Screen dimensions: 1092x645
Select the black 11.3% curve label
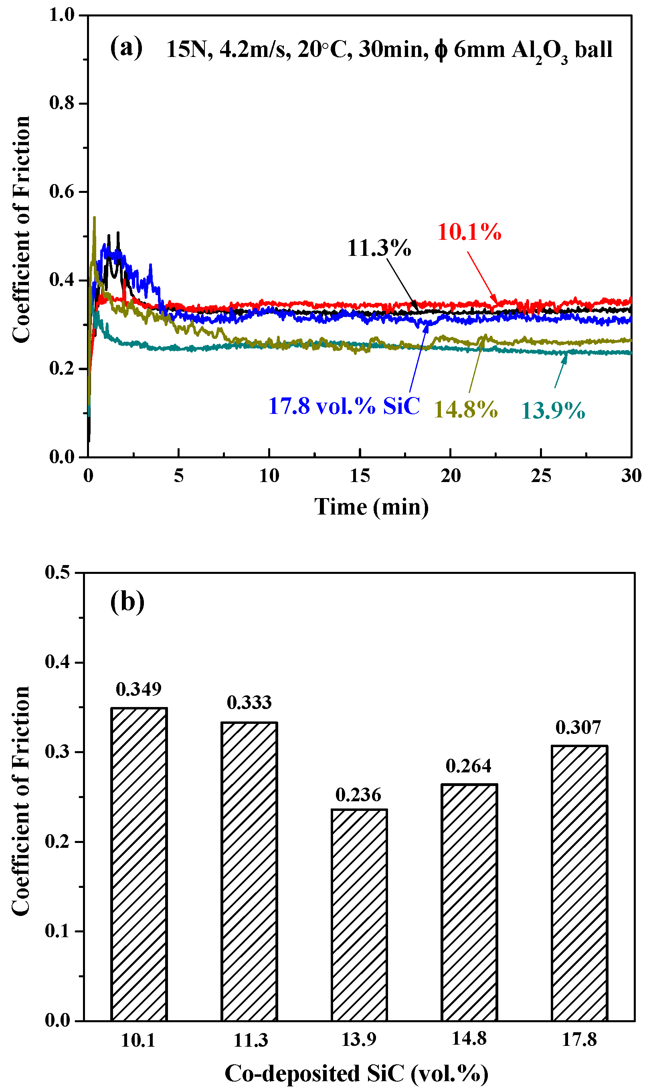point(378,248)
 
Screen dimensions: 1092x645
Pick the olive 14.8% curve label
point(465,409)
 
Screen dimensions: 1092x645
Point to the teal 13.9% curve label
point(553,410)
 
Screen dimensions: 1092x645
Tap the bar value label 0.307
point(578,727)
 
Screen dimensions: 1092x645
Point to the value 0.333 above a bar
point(249,703)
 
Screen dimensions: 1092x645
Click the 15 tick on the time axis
point(360,476)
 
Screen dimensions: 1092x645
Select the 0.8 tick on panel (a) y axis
point(62,103)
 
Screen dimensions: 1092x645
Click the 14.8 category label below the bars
point(469,1039)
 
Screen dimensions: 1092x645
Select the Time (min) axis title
point(371,507)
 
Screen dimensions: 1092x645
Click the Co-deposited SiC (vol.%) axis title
point(356,1074)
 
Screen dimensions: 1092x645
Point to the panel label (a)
point(126,47)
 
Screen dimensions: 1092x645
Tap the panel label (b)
point(127,602)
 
